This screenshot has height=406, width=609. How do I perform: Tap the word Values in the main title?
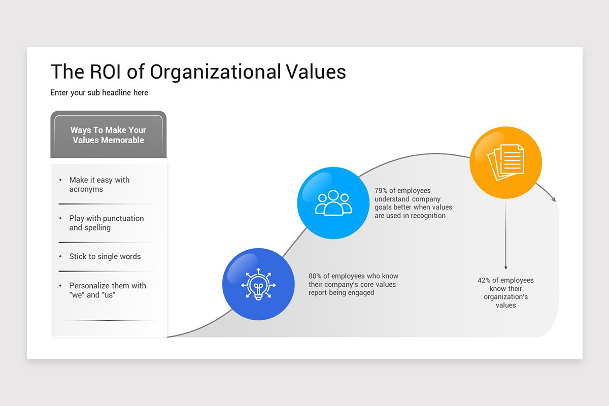[x=315, y=72]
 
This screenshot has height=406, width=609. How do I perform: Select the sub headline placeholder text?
[x=99, y=93]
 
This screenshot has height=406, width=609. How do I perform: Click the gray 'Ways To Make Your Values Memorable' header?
[x=108, y=135]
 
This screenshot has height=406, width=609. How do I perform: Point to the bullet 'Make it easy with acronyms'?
[x=99, y=185]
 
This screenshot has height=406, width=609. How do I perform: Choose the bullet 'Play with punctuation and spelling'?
[x=107, y=223]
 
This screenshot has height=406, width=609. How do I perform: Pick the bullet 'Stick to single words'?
[x=105, y=257]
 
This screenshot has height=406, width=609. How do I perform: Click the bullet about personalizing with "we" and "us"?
[x=108, y=290]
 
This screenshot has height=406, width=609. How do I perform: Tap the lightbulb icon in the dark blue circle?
[x=258, y=284]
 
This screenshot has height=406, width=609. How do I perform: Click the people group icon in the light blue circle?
[x=333, y=203]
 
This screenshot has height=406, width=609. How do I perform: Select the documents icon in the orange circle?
[x=505, y=162]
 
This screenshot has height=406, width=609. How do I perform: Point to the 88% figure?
[x=315, y=277]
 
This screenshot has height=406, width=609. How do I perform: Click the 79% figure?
[x=381, y=191]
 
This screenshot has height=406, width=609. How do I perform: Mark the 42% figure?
[x=484, y=281]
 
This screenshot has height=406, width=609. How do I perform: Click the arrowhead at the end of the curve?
[x=554, y=199]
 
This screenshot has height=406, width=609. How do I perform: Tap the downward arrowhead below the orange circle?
[x=505, y=267]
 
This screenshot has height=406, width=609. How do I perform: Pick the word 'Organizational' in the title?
[x=215, y=72]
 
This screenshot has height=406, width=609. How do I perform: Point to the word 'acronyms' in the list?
[x=86, y=190]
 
